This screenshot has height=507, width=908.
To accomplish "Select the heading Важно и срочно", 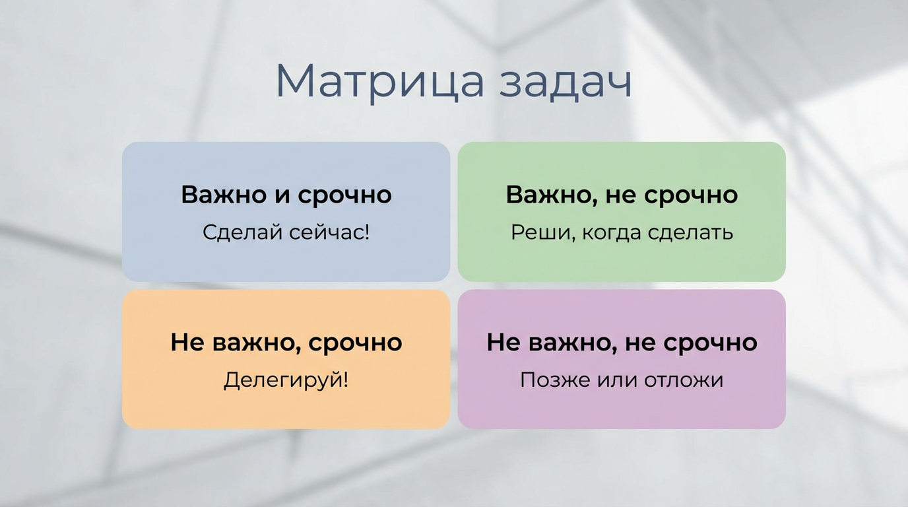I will [286, 195].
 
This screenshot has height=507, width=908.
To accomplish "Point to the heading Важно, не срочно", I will [622, 195].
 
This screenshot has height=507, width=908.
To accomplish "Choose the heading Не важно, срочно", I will [286, 342].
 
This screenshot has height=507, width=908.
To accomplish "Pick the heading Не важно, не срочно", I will [622, 342].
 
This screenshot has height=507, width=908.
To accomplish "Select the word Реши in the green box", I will [534, 232].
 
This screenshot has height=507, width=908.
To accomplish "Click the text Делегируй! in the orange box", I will [286, 380].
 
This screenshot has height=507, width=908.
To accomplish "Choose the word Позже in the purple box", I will [550, 380].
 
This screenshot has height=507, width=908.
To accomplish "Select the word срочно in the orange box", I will [356, 343].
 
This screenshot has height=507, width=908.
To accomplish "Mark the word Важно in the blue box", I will [222, 195].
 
